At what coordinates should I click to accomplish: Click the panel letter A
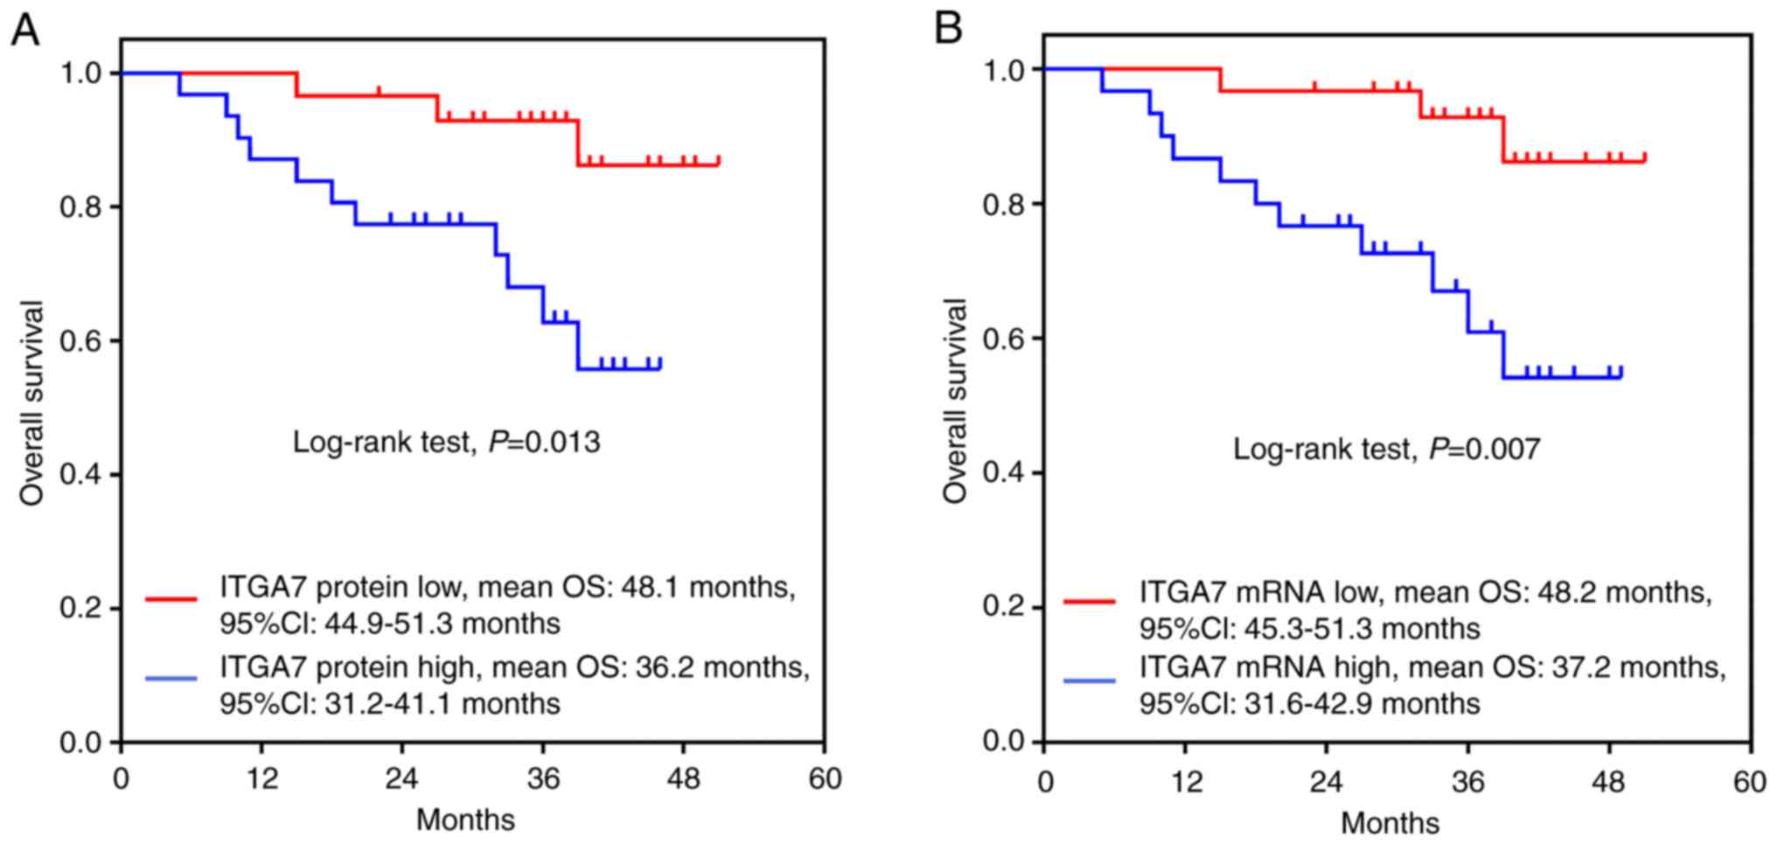[x=25, y=32]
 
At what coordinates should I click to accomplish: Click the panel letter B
[x=949, y=29]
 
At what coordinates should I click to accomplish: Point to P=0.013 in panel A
[x=544, y=443]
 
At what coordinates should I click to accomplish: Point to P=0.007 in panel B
[x=1484, y=450]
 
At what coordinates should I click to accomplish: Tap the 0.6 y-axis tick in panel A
[x=79, y=341]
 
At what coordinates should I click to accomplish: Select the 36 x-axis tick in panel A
[x=543, y=779]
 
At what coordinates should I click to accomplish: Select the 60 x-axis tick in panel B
[x=1750, y=781]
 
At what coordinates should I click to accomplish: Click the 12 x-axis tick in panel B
[x=1186, y=781]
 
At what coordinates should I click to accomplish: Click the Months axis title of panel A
[x=465, y=821]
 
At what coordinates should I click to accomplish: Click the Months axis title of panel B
[x=1390, y=823]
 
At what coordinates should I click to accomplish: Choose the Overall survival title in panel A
[x=33, y=403]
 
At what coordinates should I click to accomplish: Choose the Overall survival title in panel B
[x=956, y=401]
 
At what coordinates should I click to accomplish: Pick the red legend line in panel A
[x=171, y=599]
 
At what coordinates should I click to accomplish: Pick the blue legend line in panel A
[x=171, y=678]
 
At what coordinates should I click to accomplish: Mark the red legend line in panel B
[x=1090, y=602]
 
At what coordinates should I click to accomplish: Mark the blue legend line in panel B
[x=1090, y=681]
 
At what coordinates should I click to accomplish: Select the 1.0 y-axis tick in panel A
[x=79, y=73]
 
